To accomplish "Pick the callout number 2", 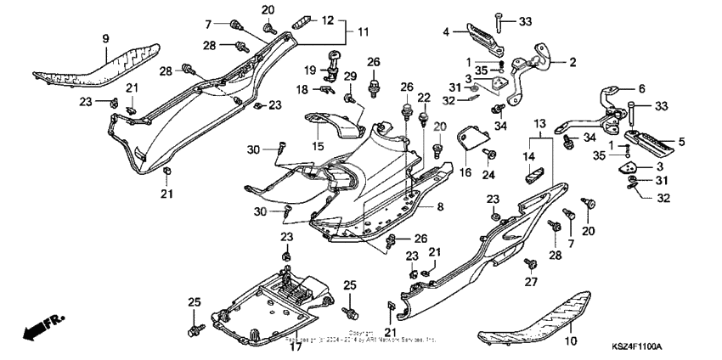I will (x=572, y=62).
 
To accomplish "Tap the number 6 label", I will (x=640, y=88).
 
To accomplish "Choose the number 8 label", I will (x=439, y=205).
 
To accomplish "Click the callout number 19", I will (x=311, y=70).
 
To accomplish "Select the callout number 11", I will (x=364, y=31).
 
